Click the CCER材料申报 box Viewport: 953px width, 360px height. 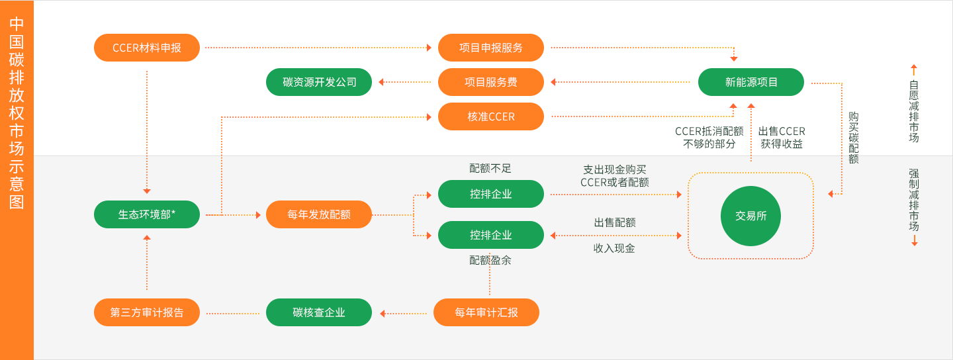pos(147,48)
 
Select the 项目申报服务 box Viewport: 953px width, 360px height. pos(491,48)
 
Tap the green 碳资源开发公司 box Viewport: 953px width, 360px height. pos(319,82)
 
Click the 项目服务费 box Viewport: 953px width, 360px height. pos(491,82)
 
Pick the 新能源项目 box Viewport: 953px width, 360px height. pos(751,82)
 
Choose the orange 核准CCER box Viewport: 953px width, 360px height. pos(491,116)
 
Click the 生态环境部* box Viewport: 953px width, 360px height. pos(147,214)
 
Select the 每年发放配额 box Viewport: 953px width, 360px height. pos(319,214)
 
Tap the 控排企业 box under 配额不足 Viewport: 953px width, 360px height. pos(491,194)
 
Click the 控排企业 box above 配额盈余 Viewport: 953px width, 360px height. pos(491,235)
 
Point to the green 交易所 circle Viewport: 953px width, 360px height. pos(750,216)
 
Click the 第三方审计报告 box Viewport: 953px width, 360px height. pos(147,312)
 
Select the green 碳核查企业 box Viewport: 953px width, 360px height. pos(319,312)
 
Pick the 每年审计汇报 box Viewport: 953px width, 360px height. pos(486,312)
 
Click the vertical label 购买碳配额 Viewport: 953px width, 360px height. pos(854,138)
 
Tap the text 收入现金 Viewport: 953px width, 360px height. pos(614,249)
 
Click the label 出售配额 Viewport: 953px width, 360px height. pos(615,222)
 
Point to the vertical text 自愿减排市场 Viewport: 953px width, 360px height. pos(914,111)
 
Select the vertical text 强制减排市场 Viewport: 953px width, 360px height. pos(914,200)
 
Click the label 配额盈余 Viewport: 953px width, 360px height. pos(490,261)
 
